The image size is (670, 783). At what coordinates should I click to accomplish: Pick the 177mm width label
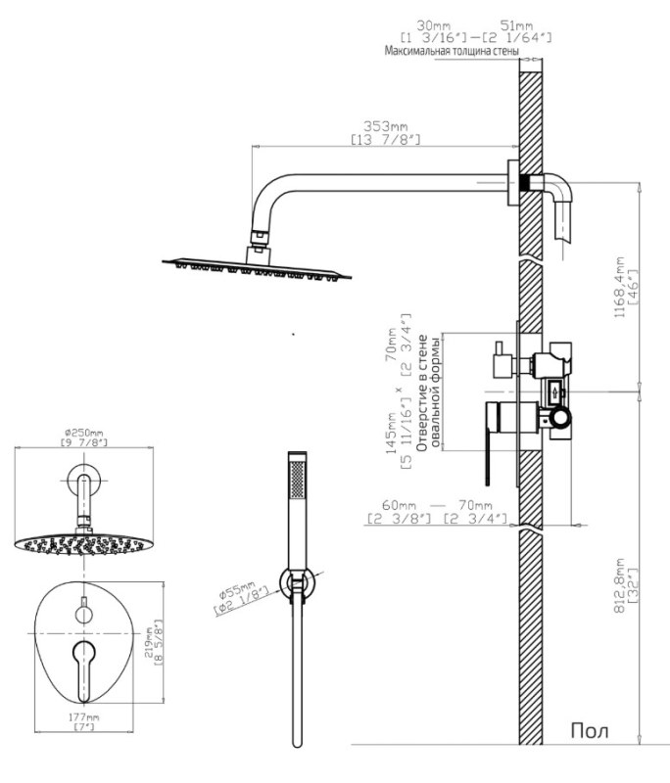83,717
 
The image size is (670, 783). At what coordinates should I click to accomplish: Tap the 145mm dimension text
392,431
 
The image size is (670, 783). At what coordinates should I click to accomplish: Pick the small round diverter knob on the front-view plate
83,614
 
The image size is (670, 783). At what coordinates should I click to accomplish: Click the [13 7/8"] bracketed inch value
385,142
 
